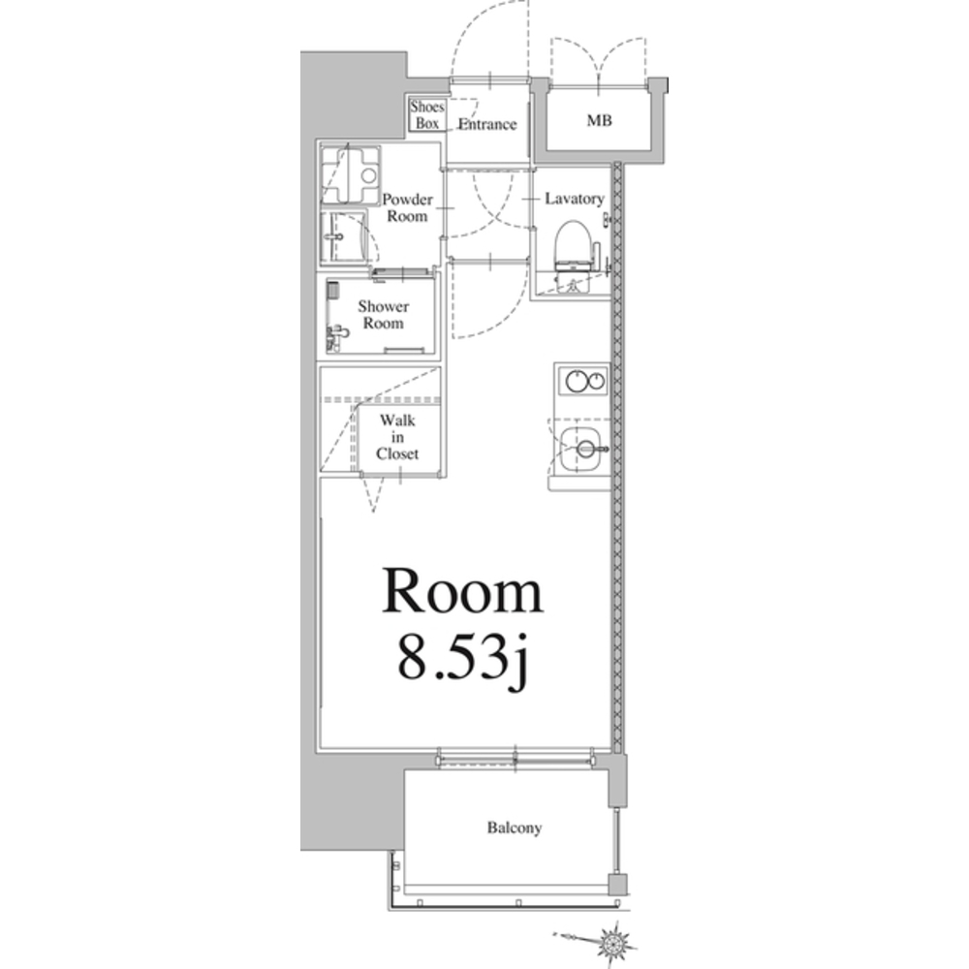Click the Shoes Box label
(x=427, y=115)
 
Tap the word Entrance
(x=487, y=124)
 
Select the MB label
(x=599, y=120)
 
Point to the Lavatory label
(x=574, y=199)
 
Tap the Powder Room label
(x=407, y=207)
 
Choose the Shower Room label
(x=383, y=315)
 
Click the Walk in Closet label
(x=397, y=437)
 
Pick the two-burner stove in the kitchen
(x=582, y=380)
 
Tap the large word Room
(x=462, y=591)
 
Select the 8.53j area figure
(x=463, y=658)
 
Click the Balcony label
(x=515, y=828)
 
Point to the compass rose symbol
(x=612, y=943)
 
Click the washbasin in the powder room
(x=342, y=237)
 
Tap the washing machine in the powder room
(x=350, y=174)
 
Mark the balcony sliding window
(x=515, y=758)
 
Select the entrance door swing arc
(x=490, y=37)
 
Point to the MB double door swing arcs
(x=598, y=59)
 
